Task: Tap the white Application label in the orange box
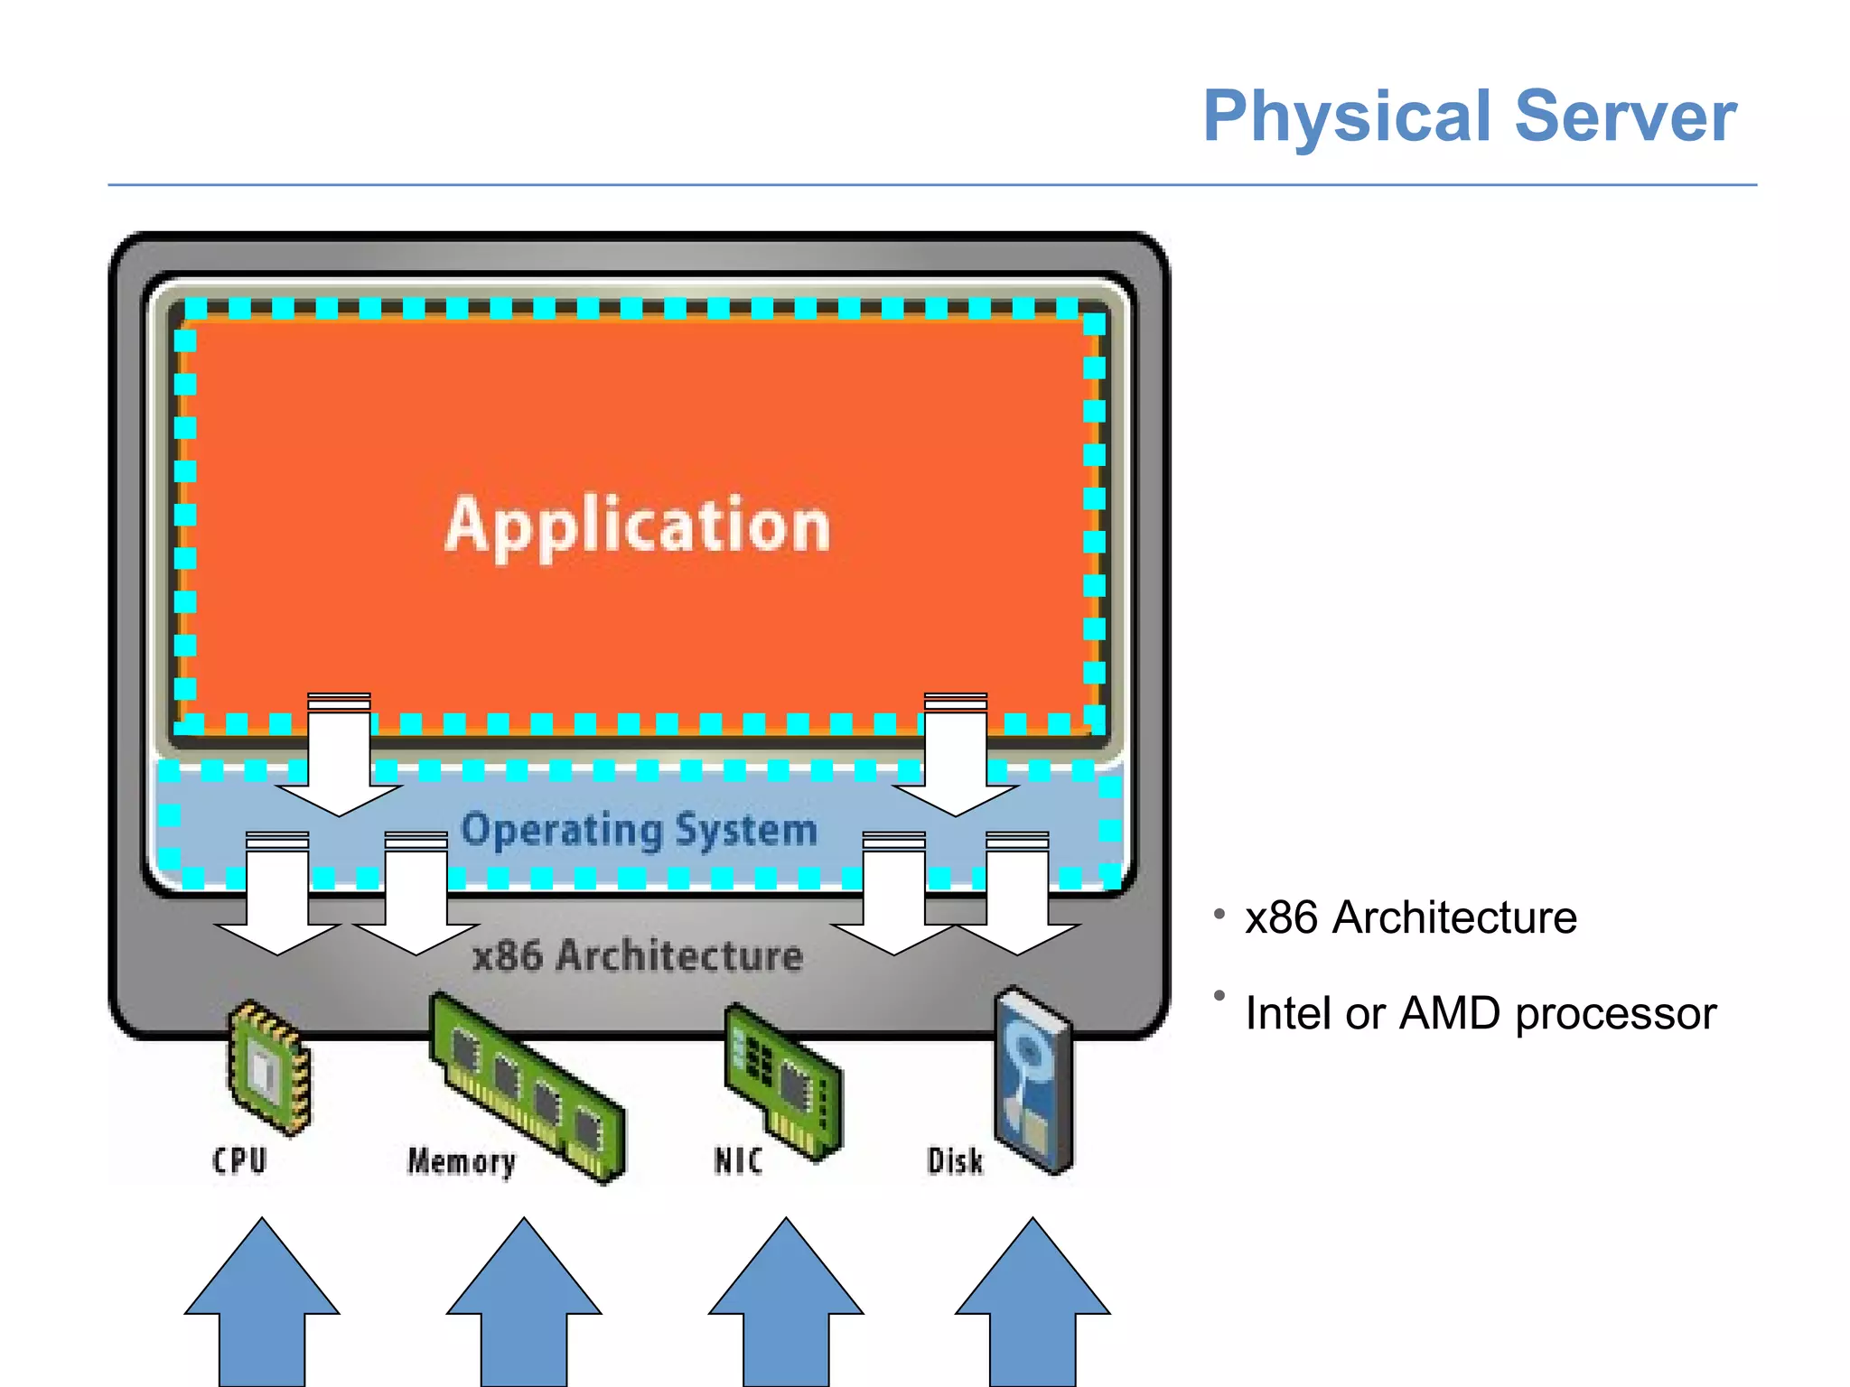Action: pyautogui.click(x=638, y=526)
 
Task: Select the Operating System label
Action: pyautogui.click(x=640, y=829)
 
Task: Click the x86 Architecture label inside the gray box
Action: pyautogui.click(x=638, y=955)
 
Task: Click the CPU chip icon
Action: pyautogui.click(x=269, y=1067)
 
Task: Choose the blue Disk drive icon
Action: pyautogui.click(x=1033, y=1079)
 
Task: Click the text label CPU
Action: pyautogui.click(x=239, y=1160)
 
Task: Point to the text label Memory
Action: pyautogui.click(x=461, y=1161)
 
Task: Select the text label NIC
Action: pyautogui.click(x=738, y=1160)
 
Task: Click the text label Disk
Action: pyautogui.click(x=955, y=1160)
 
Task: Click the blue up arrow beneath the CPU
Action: pyautogui.click(x=262, y=1309)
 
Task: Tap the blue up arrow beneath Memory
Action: pyautogui.click(x=524, y=1309)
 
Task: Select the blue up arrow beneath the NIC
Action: pyautogui.click(x=786, y=1309)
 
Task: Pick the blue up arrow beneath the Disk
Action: pyautogui.click(x=1032, y=1309)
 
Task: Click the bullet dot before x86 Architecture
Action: pyautogui.click(x=1219, y=914)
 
